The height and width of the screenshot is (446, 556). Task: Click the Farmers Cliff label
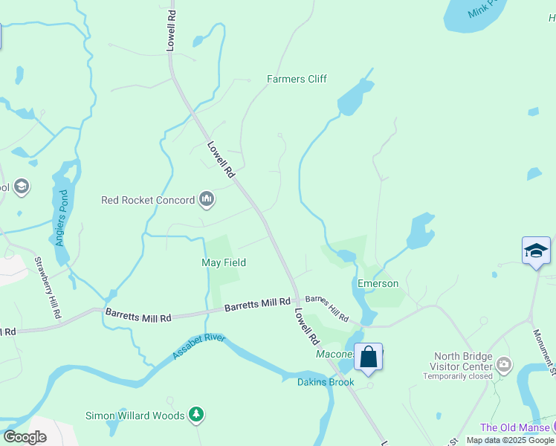tap(297, 79)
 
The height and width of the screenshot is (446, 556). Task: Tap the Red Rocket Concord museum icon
tap(207, 200)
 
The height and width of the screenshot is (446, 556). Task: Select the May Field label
tap(224, 262)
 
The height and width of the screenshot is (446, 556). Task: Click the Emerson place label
tap(378, 283)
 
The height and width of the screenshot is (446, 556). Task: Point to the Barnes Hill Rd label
tap(327, 306)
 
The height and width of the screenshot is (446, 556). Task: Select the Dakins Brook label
tap(326, 382)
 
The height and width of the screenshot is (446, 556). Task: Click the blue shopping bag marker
tap(368, 357)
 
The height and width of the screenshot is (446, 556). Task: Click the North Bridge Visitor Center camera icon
tap(505, 363)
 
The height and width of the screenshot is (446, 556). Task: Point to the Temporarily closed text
tap(458, 376)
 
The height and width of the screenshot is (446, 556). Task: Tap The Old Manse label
tap(514, 427)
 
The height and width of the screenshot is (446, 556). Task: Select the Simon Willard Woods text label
tap(135, 416)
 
